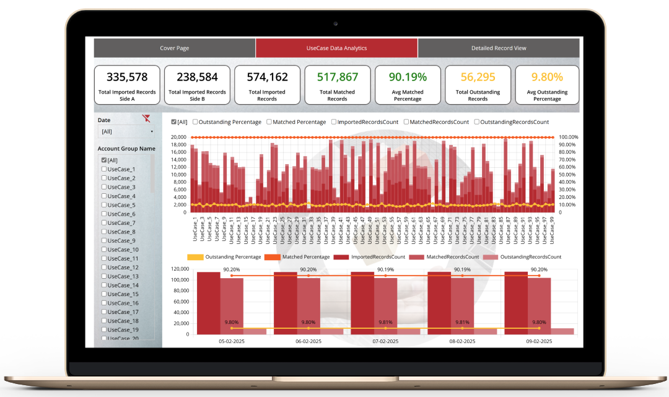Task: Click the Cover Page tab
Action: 174,48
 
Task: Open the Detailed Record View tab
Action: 499,48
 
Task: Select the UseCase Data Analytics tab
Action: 336,48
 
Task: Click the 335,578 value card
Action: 127,77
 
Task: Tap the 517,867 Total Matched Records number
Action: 337,77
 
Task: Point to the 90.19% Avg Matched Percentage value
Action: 408,77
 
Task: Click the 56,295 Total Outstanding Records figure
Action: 478,77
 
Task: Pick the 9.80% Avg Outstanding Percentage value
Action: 548,77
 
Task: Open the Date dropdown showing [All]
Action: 126,132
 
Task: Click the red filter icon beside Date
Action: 146,119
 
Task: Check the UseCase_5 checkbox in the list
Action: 104,205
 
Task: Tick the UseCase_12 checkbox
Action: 104,268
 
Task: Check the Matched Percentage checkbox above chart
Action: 269,122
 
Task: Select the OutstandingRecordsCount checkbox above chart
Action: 477,122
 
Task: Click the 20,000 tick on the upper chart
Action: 178,137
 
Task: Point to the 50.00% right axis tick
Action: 568,175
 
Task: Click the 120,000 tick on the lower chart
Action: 180,269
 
